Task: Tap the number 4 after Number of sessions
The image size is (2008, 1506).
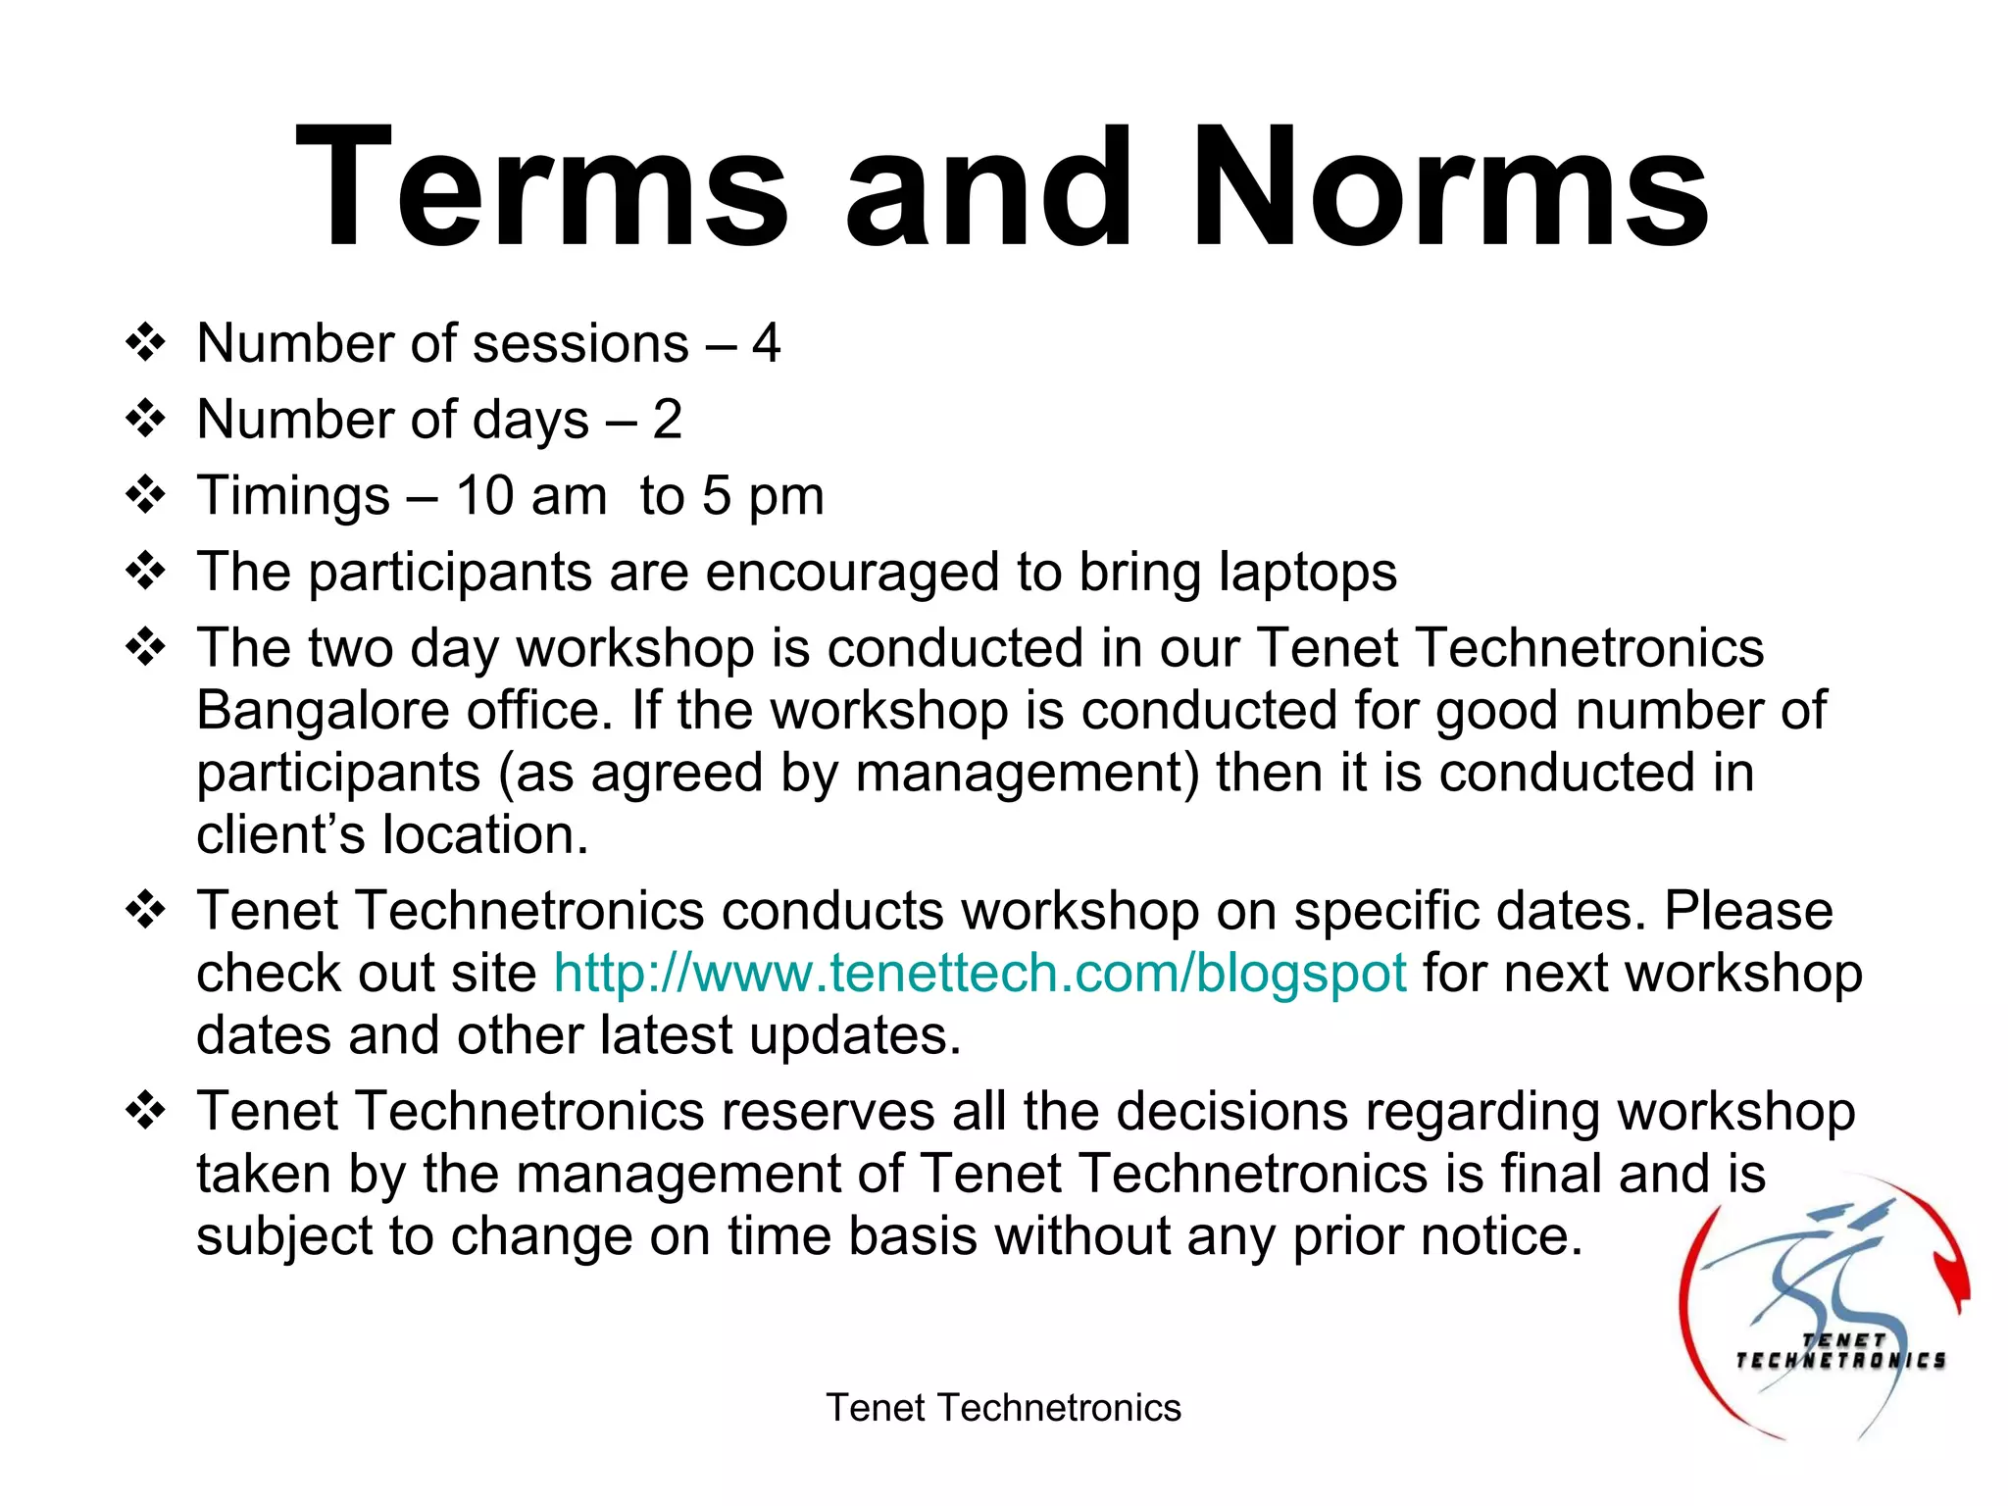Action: tap(767, 343)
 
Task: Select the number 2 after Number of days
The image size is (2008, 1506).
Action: tap(667, 420)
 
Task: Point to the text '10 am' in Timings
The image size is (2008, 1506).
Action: tap(530, 495)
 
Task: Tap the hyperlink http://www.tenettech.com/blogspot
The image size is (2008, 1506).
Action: tap(980, 974)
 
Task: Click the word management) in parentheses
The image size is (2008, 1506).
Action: tap(1028, 774)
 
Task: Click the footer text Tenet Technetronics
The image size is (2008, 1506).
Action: tap(1003, 1408)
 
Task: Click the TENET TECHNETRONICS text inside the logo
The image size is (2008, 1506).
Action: tap(1840, 1351)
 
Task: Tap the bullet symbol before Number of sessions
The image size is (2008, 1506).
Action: tap(145, 343)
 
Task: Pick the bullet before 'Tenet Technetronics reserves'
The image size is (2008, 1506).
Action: tap(145, 1111)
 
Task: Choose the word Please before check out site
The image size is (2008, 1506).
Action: tap(1748, 911)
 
